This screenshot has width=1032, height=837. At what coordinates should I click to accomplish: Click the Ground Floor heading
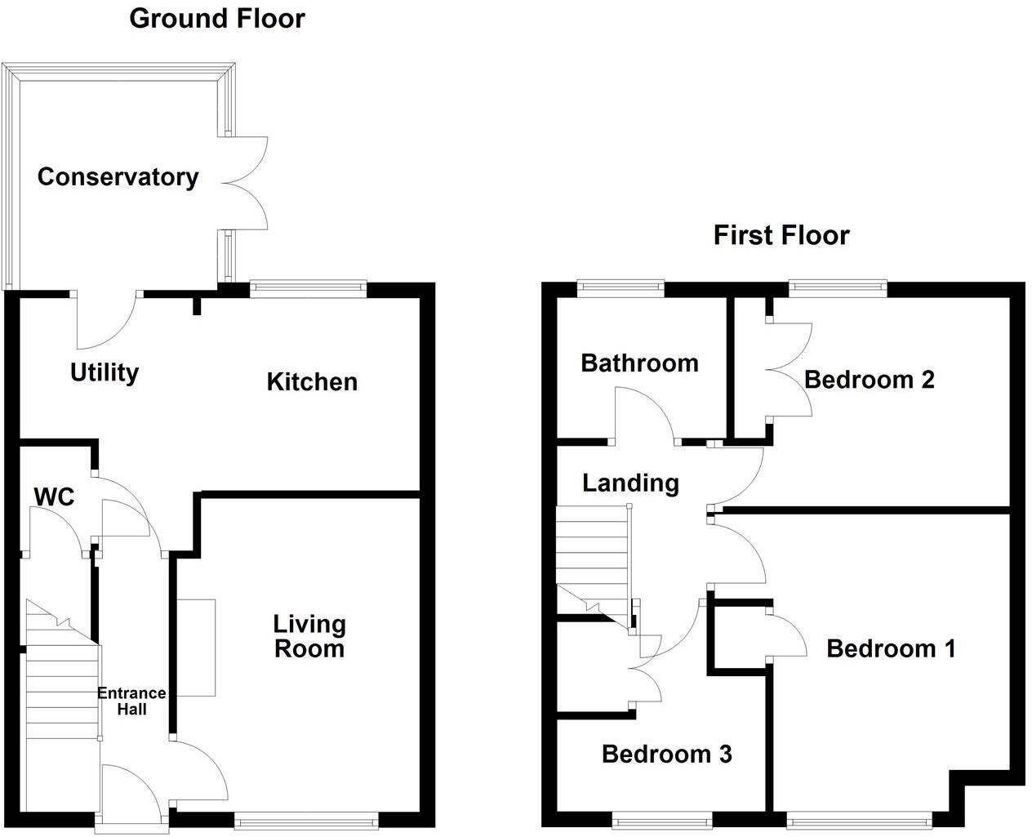pos(217,18)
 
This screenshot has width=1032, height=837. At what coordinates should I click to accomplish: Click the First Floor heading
pos(781,235)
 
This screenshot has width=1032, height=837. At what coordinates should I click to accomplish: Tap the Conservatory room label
pos(118,177)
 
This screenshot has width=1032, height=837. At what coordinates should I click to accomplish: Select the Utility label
pos(105,373)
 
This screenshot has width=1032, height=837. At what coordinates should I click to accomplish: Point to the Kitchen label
pos(312,381)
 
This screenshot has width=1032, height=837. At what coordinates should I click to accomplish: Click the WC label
pos(54,496)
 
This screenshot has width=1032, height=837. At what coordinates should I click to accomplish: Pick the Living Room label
pos(309,637)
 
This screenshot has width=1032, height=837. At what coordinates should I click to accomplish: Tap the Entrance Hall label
pos(131,701)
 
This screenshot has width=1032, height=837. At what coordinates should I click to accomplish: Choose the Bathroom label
pos(639,363)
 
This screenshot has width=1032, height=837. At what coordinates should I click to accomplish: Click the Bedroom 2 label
pos(869,380)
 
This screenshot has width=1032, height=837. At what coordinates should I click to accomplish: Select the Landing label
pos(630,483)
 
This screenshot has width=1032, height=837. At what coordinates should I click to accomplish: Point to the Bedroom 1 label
pos(891,649)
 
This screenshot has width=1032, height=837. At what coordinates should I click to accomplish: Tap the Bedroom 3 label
pos(666,754)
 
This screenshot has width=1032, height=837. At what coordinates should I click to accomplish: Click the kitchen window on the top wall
pos(308,286)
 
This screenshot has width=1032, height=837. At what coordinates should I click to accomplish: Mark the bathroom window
pos(621,286)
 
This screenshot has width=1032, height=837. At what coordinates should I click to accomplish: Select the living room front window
pos(307,816)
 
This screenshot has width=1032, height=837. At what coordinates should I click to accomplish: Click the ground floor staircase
pos(62,686)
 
